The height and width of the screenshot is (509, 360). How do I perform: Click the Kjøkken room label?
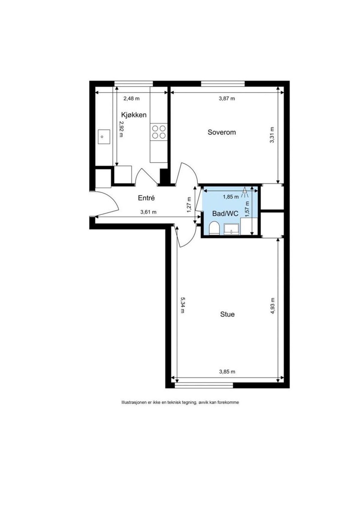click(134, 115)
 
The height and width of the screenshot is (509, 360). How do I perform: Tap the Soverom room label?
click(222, 132)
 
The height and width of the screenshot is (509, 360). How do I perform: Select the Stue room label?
click(227, 314)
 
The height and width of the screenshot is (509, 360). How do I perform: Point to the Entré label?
click(146, 198)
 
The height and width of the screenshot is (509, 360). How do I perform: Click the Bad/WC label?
click(225, 214)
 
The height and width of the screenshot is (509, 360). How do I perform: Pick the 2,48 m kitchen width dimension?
click(131, 98)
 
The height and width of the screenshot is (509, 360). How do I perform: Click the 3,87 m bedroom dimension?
click(227, 98)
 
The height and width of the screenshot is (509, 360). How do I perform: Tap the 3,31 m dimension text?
click(272, 135)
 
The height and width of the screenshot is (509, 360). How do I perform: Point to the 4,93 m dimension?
click(272, 306)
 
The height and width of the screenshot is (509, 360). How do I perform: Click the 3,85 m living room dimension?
click(227, 372)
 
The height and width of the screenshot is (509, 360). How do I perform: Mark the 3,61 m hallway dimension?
click(148, 212)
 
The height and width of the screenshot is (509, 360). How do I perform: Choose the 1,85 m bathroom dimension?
click(231, 197)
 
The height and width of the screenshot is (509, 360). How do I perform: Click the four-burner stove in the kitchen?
click(159, 132)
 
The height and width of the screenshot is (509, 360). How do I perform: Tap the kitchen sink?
click(103, 136)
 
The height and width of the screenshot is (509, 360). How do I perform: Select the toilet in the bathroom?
click(214, 228)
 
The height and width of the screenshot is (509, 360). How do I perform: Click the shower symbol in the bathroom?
click(245, 192)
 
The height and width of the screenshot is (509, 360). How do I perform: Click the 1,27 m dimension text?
click(189, 205)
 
